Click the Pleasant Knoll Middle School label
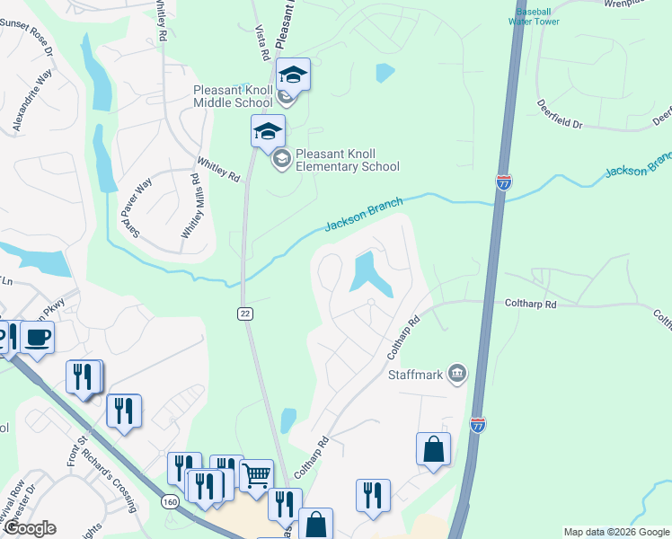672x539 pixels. (233, 96)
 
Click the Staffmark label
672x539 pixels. (416, 374)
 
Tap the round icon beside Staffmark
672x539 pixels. (457, 373)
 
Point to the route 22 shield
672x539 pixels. (244, 313)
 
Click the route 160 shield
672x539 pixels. (170, 500)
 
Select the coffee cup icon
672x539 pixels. (38, 337)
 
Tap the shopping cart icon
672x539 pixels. (257, 473)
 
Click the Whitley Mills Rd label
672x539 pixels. (190, 206)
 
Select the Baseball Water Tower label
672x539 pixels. (534, 15)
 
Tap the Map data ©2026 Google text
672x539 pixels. (615, 532)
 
